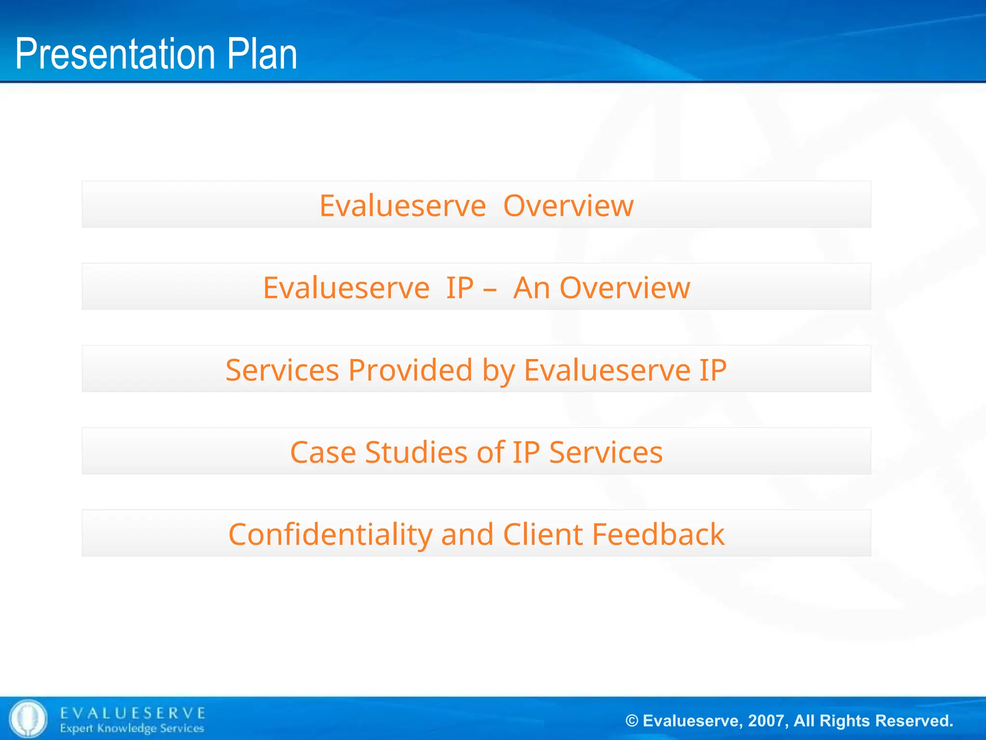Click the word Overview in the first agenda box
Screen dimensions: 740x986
coord(568,206)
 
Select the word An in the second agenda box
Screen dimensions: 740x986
coord(531,288)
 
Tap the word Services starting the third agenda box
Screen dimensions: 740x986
coord(282,370)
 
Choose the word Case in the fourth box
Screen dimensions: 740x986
coord(323,453)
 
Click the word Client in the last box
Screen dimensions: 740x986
coord(543,535)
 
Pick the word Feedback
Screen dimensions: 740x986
coord(658,535)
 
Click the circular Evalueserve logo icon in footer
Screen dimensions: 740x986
coord(28,718)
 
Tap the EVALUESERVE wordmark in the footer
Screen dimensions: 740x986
coord(133,713)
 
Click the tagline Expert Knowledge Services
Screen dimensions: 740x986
coord(132,728)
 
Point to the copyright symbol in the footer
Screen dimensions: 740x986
coord(632,721)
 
